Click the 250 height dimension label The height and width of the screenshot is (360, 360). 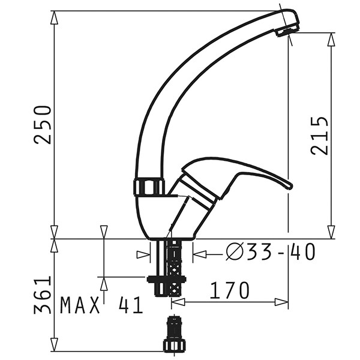point(43,125)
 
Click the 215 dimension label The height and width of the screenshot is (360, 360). point(319,136)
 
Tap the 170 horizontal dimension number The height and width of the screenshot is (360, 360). point(229,290)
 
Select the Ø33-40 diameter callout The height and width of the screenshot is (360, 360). point(270,252)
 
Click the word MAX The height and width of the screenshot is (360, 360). point(80,305)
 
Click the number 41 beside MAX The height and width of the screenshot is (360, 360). point(131,305)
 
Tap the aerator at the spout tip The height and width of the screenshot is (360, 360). point(287,31)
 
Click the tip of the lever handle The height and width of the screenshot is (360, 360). point(290,185)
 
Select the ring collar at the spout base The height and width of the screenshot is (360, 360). point(149,187)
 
